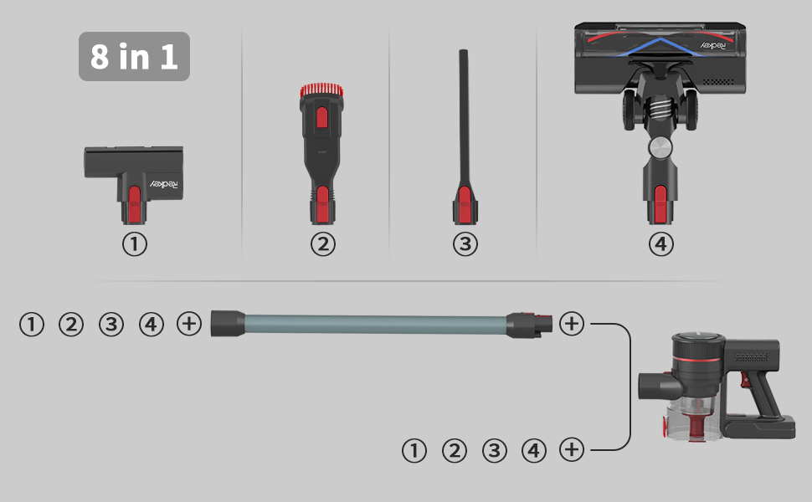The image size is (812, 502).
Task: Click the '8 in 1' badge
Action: coord(134,56)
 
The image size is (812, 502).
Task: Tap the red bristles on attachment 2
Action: coord(321,90)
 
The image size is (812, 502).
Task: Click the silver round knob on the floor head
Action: coord(660,147)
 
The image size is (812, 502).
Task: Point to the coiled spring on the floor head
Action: coord(660,110)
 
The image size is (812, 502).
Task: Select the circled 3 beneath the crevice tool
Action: coord(465,244)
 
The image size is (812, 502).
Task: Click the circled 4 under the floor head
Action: coord(660,244)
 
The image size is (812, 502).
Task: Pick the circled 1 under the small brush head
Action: coord(135,244)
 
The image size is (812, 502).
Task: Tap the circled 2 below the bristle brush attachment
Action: coord(322,244)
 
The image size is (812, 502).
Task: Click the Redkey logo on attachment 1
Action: coord(163,184)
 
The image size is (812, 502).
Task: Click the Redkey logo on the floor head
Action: coord(713,45)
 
